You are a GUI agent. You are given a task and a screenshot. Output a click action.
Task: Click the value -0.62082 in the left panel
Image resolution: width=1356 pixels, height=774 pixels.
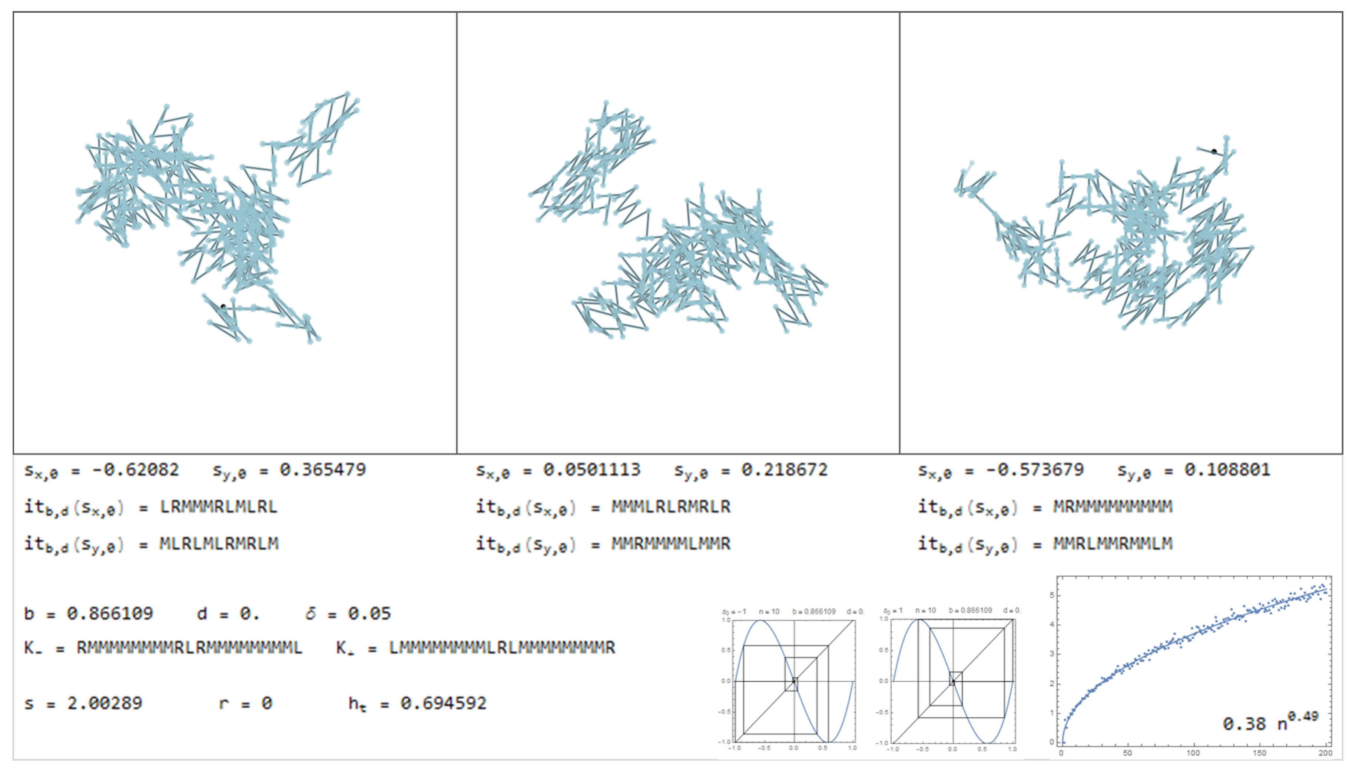coord(135,470)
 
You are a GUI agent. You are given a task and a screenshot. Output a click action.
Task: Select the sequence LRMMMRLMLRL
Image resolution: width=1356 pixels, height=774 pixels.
coord(219,507)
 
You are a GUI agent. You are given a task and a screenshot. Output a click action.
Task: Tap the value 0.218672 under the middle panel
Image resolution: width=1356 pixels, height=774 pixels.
coord(785,470)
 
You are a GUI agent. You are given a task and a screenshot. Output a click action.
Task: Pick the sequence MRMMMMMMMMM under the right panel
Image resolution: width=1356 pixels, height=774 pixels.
coord(1113,507)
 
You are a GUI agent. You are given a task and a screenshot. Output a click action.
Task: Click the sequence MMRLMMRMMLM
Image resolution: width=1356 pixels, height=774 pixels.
coord(1113,544)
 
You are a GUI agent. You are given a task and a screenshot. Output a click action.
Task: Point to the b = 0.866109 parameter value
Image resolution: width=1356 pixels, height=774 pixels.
coord(110,614)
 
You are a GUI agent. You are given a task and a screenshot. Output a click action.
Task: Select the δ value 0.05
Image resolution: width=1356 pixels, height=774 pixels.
coord(369,614)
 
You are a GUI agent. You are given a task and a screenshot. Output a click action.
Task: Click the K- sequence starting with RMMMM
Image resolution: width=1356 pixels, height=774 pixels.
coord(189,648)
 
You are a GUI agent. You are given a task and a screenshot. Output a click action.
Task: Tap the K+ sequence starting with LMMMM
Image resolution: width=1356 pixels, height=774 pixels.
coord(502,648)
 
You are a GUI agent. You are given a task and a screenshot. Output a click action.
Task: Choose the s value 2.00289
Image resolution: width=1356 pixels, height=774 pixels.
coord(105,704)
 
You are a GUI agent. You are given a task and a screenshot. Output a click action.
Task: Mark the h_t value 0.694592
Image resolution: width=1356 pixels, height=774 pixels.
coord(443,704)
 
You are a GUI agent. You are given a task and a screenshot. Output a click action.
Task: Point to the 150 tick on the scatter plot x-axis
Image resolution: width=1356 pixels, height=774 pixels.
coord(1259,753)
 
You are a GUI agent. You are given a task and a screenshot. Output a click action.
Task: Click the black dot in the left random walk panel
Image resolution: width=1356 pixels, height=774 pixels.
coord(223,307)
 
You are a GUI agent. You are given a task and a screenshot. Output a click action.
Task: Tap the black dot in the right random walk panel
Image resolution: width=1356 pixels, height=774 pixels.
coord(1214,151)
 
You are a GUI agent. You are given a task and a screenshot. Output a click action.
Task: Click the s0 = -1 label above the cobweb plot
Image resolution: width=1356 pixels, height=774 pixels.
coord(734,611)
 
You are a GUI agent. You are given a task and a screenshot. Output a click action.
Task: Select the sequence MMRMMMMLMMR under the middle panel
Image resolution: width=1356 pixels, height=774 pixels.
coord(670,544)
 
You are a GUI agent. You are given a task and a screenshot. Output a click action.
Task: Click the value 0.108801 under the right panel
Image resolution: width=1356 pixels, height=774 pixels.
coord(1227,470)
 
